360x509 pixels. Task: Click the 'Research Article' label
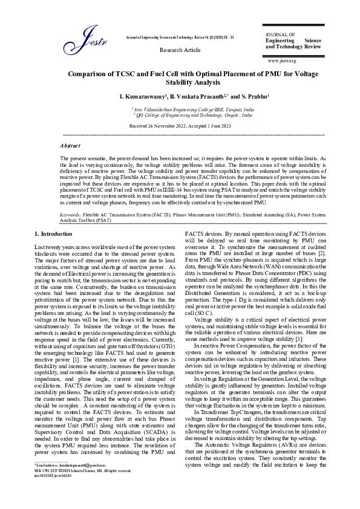[x=180, y=50]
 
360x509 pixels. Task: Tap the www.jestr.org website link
[x=281, y=61]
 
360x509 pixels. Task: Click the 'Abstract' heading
[x=70, y=146]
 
